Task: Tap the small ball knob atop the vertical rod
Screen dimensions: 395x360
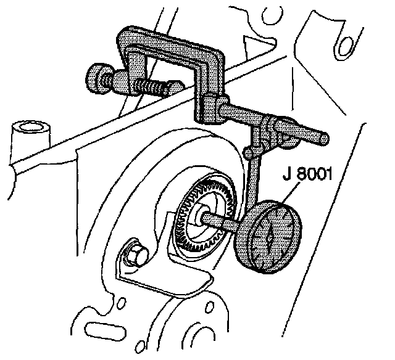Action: pyautogui.click(x=248, y=150)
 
